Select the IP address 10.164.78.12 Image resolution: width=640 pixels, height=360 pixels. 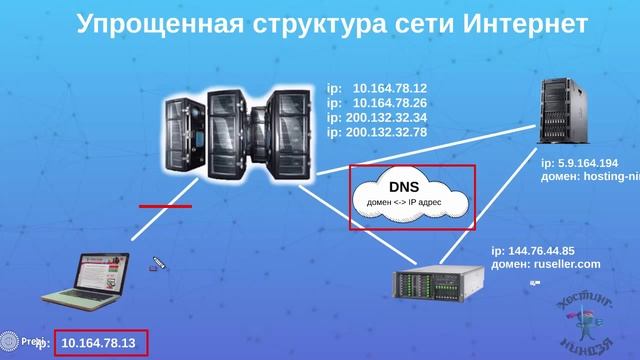point(390,89)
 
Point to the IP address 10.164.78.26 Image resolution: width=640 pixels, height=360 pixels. point(390,103)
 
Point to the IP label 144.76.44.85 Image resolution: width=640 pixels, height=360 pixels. point(540,250)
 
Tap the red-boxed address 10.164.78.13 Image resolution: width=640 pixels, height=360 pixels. point(98,344)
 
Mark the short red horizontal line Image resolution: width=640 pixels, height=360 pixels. point(165,207)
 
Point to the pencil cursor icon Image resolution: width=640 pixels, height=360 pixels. point(158,264)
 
